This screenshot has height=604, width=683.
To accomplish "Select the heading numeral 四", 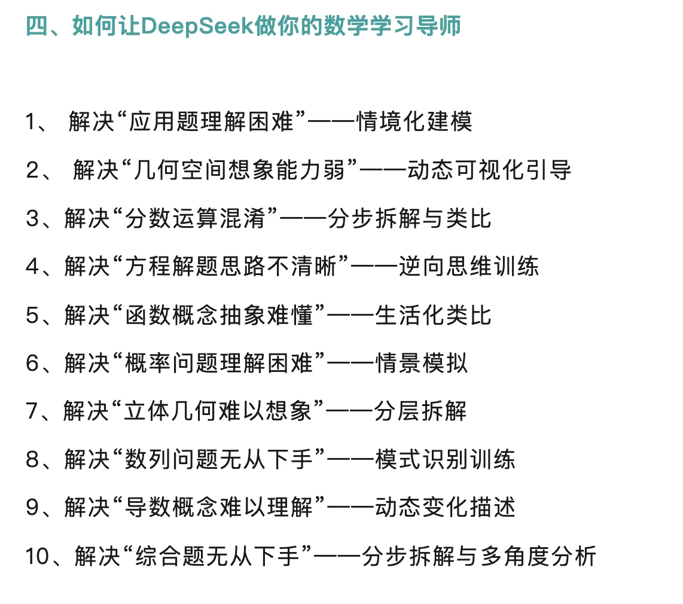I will [x=37, y=27].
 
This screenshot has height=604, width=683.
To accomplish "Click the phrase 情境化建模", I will [x=414, y=122].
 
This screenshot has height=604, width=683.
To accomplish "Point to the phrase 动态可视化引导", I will [x=489, y=170].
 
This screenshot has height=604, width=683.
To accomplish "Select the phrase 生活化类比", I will [x=433, y=315].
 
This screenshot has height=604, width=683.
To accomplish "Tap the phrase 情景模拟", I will [x=421, y=364].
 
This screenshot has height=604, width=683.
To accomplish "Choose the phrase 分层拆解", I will [x=420, y=412].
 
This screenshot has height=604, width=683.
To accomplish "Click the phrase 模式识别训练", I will [x=445, y=460].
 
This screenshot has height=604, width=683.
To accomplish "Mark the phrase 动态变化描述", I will [x=445, y=508].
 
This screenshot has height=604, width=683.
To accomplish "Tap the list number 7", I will [x=32, y=412].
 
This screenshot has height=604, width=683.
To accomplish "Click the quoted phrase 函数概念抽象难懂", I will [x=219, y=315].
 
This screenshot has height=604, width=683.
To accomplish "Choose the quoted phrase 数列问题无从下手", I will [x=219, y=460].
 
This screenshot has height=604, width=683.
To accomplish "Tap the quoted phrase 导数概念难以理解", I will [x=219, y=508].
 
